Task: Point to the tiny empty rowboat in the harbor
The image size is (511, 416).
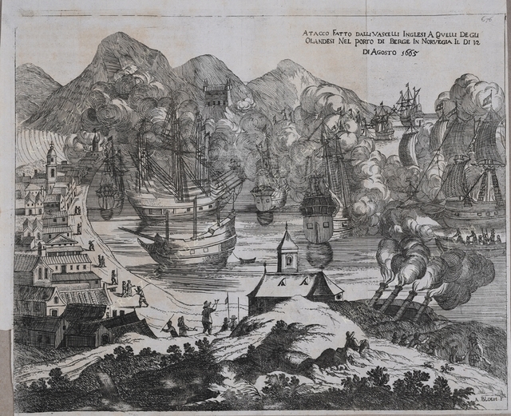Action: (x=247, y=260)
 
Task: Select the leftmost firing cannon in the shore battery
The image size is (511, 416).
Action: (x=375, y=296)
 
